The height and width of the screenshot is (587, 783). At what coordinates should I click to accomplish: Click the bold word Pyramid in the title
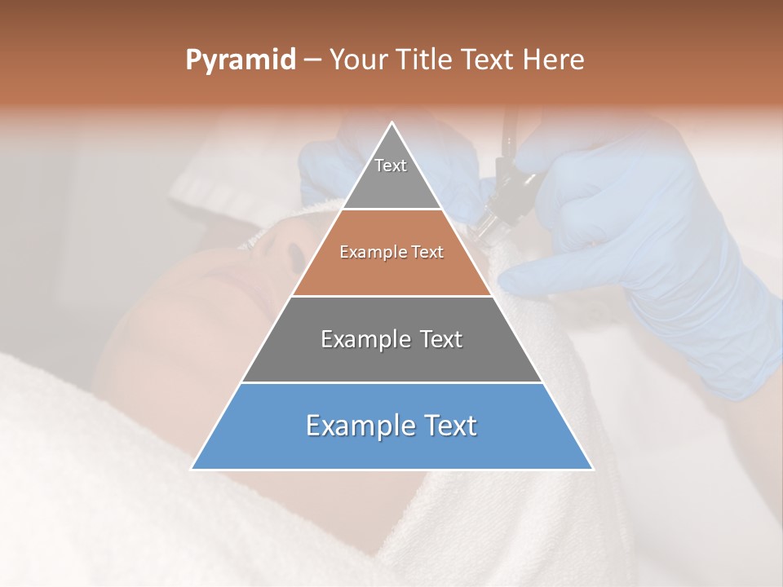tap(241, 60)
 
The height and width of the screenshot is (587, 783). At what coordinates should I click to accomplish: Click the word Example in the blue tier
tap(352, 426)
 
